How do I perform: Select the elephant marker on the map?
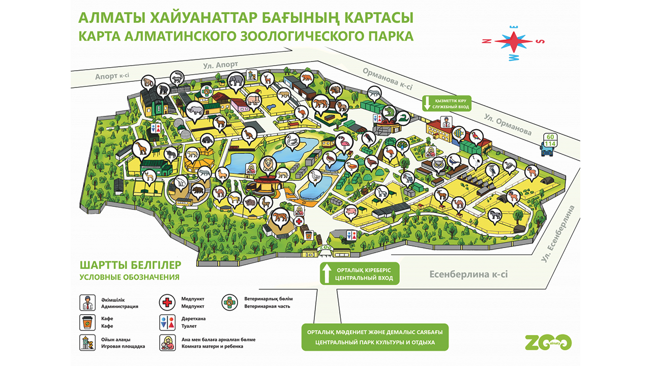coord(235,81)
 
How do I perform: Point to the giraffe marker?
coord(141,147)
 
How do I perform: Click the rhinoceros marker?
coord(194,109)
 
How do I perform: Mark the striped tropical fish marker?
coord(458,134)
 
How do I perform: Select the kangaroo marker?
coord(249,134)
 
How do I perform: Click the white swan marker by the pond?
coord(293,141)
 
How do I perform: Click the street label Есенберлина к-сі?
coord(468,274)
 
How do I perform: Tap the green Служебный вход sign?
coord(446,103)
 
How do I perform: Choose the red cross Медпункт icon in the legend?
coord(167,302)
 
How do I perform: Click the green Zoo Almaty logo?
coord(547,343)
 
